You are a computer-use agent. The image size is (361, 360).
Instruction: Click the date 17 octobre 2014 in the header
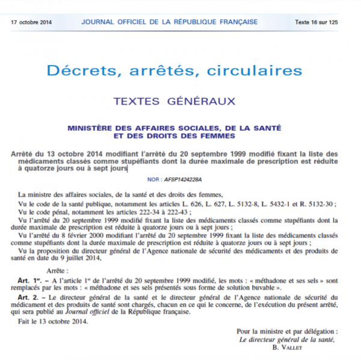point(31,22)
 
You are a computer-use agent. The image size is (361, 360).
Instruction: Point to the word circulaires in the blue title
point(251,72)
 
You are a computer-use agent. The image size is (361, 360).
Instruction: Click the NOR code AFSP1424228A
point(183,179)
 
